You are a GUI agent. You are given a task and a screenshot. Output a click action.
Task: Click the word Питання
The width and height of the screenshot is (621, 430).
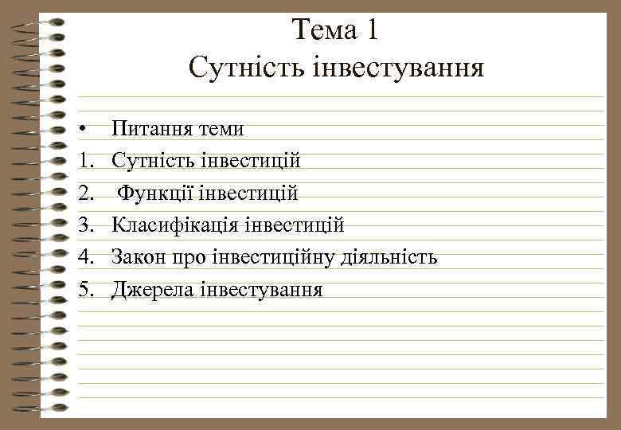[x=150, y=129]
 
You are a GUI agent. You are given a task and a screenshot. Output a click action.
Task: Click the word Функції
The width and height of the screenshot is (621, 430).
[x=155, y=193]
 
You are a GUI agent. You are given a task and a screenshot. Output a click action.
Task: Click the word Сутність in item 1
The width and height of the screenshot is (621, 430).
[x=147, y=161]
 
